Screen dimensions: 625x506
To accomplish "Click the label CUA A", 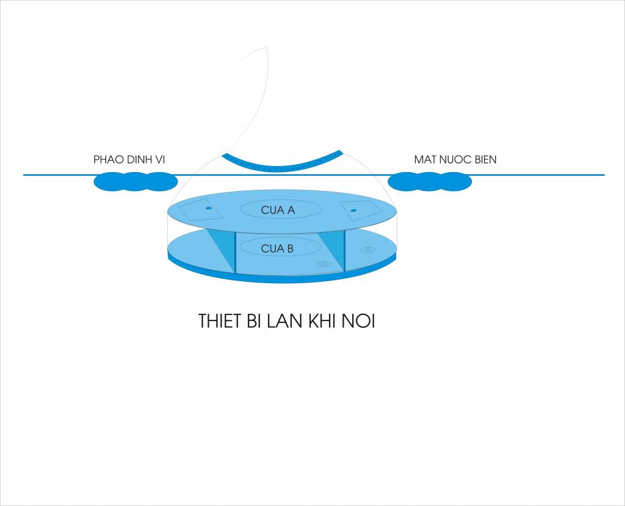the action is pyautogui.click(x=278, y=210).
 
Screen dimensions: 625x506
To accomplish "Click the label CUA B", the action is pyautogui.click(x=277, y=249).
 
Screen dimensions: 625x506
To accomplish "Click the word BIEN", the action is pyautogui.click(x=485, y=159).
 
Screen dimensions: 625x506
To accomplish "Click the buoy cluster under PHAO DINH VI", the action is pyautogui.click(x=135, y=181).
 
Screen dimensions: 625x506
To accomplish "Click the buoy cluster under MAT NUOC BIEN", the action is pyautogui.click(x=430, y=181).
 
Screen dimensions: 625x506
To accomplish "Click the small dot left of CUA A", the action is pyautogui.click(x=208, y=208).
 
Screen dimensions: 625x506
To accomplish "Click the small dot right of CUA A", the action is pyautogui.click(x=353, y=210).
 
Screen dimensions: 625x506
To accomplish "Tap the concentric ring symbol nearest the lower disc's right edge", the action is pyautogui.click(x=368, y=250).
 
